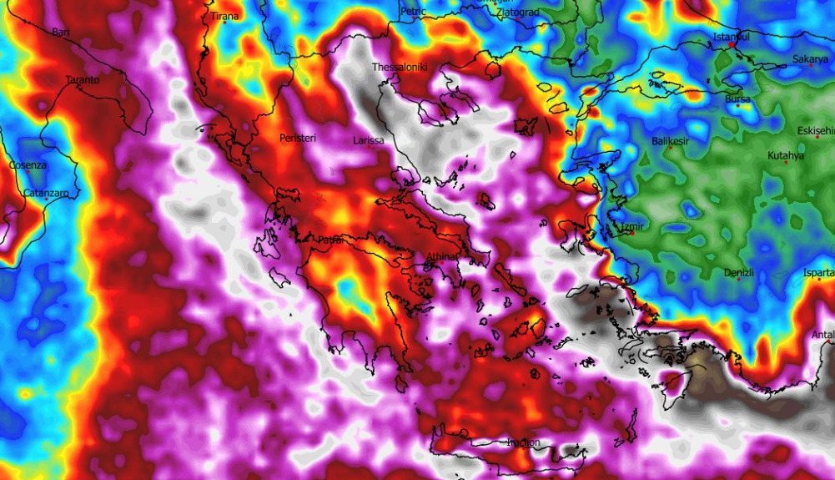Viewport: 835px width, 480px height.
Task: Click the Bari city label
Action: (61, 33)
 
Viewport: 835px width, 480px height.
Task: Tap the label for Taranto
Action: (83, 80)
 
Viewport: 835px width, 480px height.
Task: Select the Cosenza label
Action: (28, 165)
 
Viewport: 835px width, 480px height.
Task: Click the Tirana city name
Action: (224, 17)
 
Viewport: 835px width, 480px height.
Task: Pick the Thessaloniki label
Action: (400, 67)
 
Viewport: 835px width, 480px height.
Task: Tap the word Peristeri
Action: (298, 138)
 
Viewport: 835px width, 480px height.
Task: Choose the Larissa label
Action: (369, 140)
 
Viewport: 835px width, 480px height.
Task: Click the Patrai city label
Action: (331, 240)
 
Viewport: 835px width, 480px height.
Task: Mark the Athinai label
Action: (443, 256)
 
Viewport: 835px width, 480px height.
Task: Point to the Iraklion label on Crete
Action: (524, 442)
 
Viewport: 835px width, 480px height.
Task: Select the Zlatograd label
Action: (517, 13)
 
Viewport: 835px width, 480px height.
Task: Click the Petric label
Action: (413, 11)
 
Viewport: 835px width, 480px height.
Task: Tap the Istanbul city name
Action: (732, 38)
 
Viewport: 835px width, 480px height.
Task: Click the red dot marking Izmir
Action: (632, 233)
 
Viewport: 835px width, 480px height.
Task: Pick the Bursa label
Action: (737, 99)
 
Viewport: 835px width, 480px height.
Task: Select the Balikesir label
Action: (671, 141)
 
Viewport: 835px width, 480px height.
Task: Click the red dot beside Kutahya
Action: (785, 162)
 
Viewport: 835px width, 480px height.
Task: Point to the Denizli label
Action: (738, 273)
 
